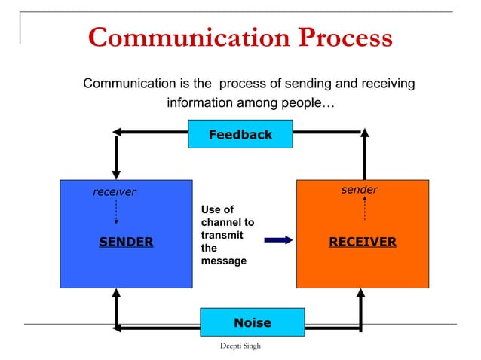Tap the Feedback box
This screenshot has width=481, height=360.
(240, 134)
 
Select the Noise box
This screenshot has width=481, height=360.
(252, 322)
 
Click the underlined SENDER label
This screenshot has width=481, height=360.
(126, 242)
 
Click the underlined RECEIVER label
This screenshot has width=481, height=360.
(362, 242)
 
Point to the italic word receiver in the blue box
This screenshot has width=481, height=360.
(114, 192)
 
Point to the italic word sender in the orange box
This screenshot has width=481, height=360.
(359, 190)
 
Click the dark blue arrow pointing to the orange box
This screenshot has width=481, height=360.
(278, 240)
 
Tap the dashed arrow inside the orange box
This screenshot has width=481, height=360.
(365, 209)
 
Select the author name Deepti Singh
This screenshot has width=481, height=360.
(239, 344)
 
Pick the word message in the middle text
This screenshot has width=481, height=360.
(224, 261)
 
